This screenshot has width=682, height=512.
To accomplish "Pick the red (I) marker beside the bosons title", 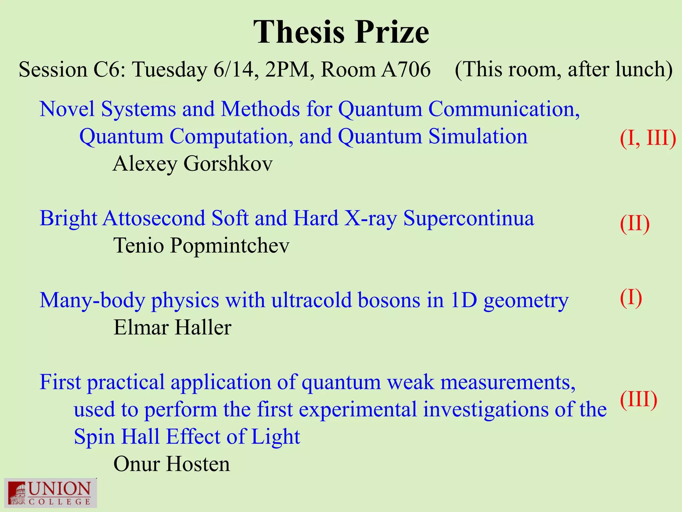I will [631, 297].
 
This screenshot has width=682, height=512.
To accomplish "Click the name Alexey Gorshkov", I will [192, 164].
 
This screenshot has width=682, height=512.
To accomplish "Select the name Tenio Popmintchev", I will [201, 246].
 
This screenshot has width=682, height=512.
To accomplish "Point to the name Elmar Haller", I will [172, 327].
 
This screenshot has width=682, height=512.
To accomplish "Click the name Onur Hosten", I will [171, 464].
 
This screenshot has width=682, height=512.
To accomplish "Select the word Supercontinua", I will [469, 219].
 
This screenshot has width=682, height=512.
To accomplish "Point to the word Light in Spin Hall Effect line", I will [275, 437].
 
